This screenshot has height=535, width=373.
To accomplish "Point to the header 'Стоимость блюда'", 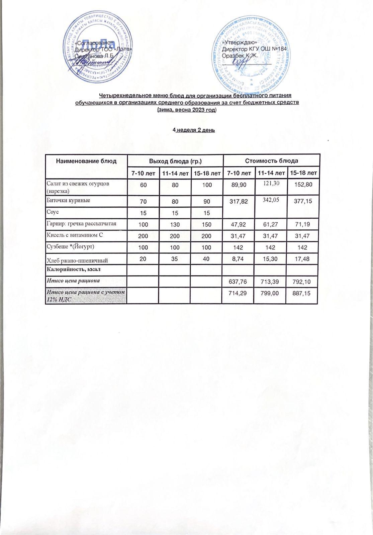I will click(x=271, y=161).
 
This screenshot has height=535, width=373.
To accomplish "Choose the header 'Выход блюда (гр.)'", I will click(x=175, y=161).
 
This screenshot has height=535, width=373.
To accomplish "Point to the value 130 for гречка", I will click(x=175, y=224).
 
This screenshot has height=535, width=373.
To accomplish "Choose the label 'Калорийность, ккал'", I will click(x=74, y=269).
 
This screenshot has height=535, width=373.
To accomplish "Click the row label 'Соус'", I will click(x=52, y=212).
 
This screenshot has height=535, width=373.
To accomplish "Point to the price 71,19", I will click(x=303, y=224).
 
